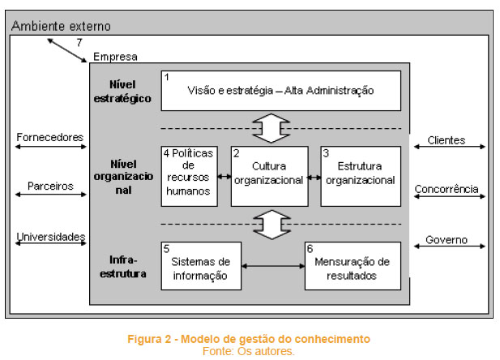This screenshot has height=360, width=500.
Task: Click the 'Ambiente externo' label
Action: pos(61,26)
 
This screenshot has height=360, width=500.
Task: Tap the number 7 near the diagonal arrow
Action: pos(79,42)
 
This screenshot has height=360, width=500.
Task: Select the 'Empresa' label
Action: pos(115,57)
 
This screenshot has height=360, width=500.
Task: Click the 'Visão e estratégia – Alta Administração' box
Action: pos(281,91)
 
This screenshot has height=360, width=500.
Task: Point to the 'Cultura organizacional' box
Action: pos(270,176)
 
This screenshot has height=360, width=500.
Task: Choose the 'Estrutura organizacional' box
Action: pos(361,176)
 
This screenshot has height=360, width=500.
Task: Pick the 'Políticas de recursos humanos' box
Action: pos(190,176)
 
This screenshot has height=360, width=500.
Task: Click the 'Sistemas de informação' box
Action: pos(201,266)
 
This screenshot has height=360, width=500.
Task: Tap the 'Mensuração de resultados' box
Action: pos(353,266)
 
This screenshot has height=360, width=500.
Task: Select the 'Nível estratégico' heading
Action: pos(122,92)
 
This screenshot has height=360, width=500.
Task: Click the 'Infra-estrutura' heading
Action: pos(123,267)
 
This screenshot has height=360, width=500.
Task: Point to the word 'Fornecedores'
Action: pos(50,137)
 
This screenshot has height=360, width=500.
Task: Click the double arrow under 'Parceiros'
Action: pos(51,195)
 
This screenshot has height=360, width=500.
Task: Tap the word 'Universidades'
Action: pos(51,237)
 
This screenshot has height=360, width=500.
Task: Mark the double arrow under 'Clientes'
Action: pos(450,147)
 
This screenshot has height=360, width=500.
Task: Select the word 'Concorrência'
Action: pos(447,189)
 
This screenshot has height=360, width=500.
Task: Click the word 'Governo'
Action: pos(447,240)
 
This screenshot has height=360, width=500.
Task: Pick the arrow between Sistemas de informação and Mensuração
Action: pos(273,266)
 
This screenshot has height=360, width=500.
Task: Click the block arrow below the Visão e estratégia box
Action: pos(271,128)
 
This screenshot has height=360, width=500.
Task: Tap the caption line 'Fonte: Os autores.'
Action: pos(249,351)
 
